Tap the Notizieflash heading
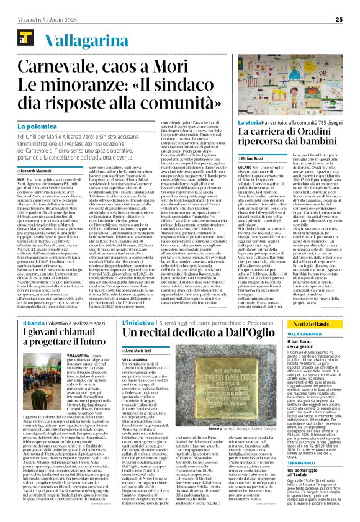pos(313,325)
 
